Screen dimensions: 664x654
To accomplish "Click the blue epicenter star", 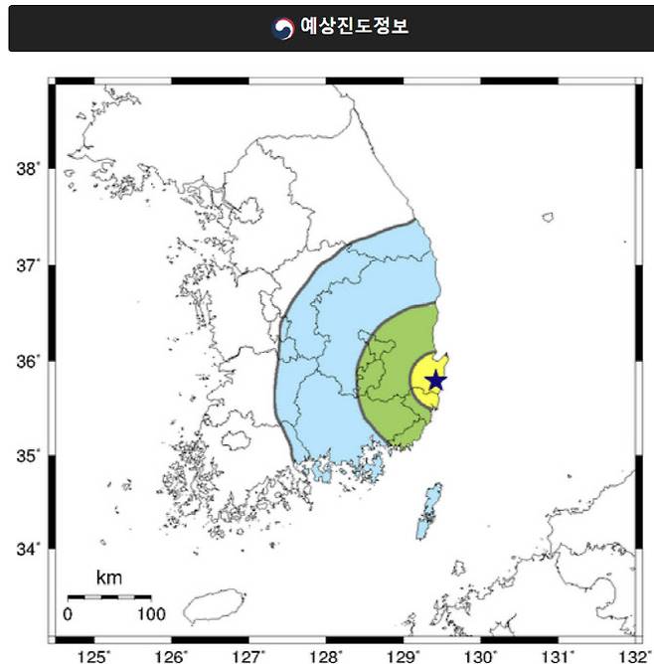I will coord(435,380).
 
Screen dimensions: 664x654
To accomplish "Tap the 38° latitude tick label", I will coord(27,169).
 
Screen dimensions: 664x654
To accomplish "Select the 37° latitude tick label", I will coord(27,265).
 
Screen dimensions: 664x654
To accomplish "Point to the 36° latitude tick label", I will coord(27,361).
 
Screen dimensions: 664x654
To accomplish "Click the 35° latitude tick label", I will coord(27,456).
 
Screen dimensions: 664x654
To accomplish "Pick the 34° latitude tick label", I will coord(27,550).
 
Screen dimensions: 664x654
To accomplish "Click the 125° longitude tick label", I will coord(95,655).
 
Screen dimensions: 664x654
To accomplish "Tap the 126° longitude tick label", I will coord(172,655).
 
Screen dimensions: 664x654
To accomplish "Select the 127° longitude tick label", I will coord(248,655).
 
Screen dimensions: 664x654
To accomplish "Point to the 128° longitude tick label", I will coord(326,655).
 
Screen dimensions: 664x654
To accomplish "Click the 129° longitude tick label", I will coord(404,655).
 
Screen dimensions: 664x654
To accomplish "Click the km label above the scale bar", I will coord(108,578).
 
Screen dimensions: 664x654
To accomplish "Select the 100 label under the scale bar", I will coord(151,613).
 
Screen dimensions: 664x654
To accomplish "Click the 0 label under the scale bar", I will coord(68,613).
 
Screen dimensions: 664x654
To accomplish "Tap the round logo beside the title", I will coord(283,27).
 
